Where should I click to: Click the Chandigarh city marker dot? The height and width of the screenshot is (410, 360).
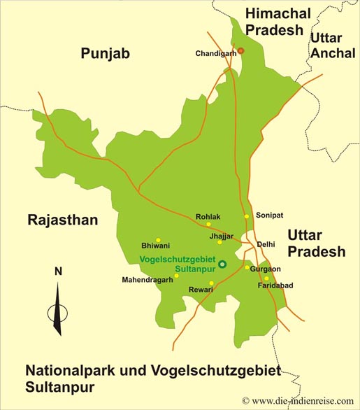(x=240, y=50)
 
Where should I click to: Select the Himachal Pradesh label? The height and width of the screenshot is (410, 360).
(x=273, y=21)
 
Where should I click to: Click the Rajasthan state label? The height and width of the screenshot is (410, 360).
(x=62, y=220)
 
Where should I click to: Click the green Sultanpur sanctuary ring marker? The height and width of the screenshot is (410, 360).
(x=222, y=264)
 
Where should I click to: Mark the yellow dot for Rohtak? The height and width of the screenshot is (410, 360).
(x=208, y=225)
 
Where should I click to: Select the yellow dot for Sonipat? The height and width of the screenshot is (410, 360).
(x=247, y=216)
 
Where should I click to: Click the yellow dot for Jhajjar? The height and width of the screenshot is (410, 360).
(x=219, y=242)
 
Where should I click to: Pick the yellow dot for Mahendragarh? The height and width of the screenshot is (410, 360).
(x=176, y=275)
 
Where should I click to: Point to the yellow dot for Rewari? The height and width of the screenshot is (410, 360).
(x=211, y=283)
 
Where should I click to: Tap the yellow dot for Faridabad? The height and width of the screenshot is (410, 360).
(x=266, y=278)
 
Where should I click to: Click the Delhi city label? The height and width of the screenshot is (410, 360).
(x=266, y=244)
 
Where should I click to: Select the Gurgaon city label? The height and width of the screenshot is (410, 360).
(x=266, y=269)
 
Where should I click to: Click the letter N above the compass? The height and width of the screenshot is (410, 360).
(x=58, y=271)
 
